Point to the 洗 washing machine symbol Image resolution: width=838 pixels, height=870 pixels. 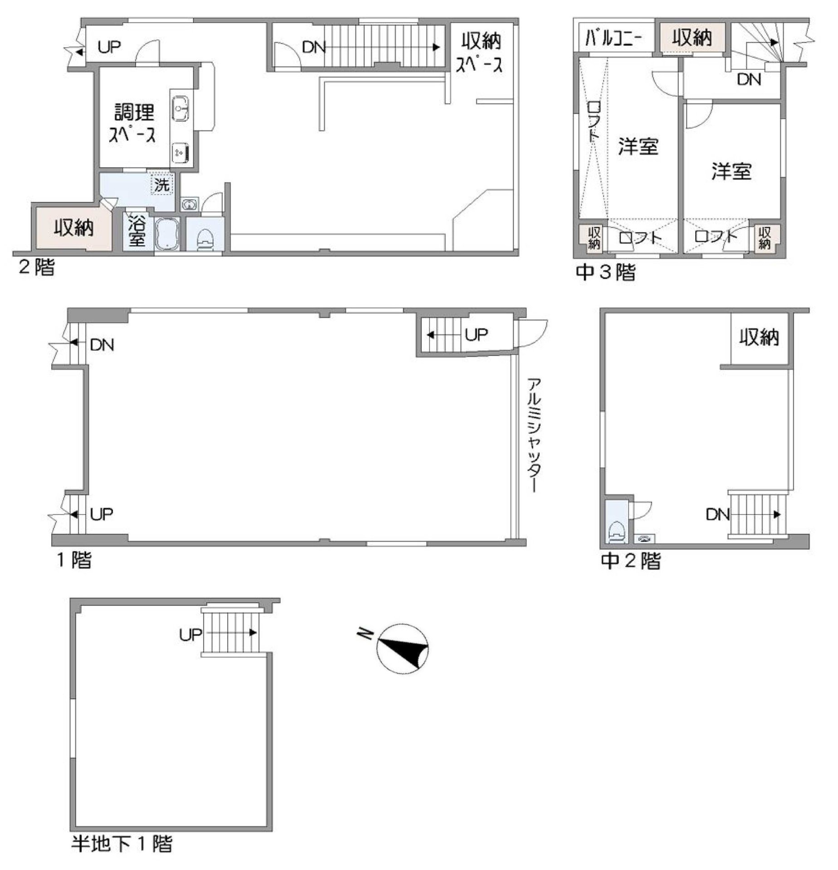coord(162,185)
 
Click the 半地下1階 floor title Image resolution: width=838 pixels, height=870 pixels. coord(122,844)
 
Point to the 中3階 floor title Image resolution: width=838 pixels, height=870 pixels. coord(605,272)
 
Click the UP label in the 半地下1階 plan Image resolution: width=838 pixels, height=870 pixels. coord(190,635)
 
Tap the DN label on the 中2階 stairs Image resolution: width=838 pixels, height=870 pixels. coord(717,514)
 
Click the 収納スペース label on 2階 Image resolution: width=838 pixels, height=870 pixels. coord(481,53)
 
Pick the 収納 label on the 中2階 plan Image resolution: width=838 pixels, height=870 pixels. coord(759,337)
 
